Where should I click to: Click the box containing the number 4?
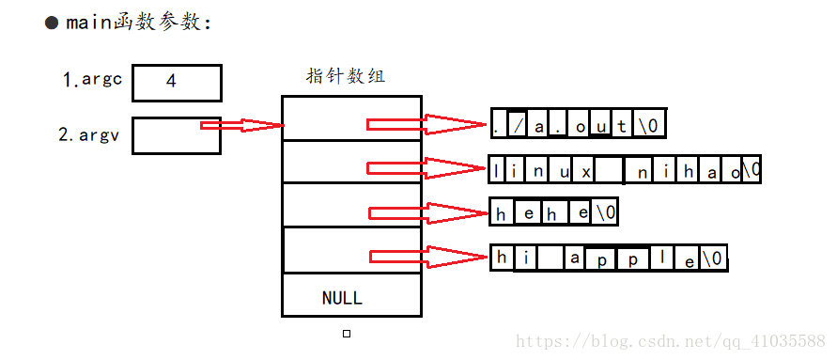(x=177, y=82)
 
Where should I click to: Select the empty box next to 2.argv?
(x=176, y=134)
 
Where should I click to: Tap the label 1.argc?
(x=92, y=81)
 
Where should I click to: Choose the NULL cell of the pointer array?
(x=342, y=298)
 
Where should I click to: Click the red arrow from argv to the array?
(x=241, y=125)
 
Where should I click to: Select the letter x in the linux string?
(x=585, y=171)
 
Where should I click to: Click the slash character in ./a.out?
(x=518, y=124)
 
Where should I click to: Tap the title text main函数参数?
(x=139, y=23)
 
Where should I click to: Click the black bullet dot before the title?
(x=53, y=23)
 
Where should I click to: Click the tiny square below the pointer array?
(x=347, y=334)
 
